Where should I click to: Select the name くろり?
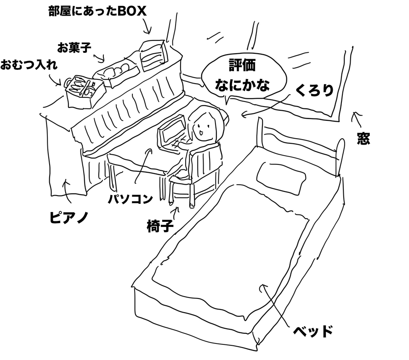tap(314, 90)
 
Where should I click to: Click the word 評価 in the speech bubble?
tap(243, 65)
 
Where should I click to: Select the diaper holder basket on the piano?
tap(81, 91)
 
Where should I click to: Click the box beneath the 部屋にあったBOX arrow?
tap(152, 55)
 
